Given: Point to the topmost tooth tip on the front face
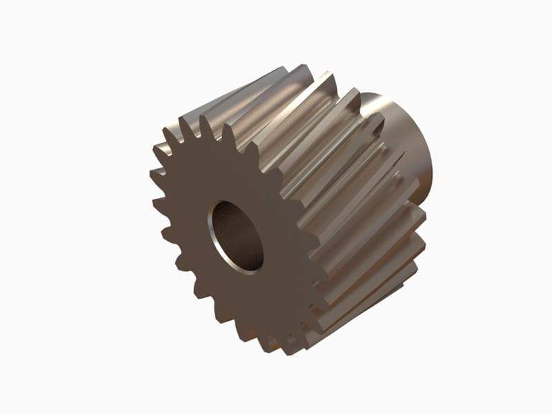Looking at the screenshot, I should coord(205,117).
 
